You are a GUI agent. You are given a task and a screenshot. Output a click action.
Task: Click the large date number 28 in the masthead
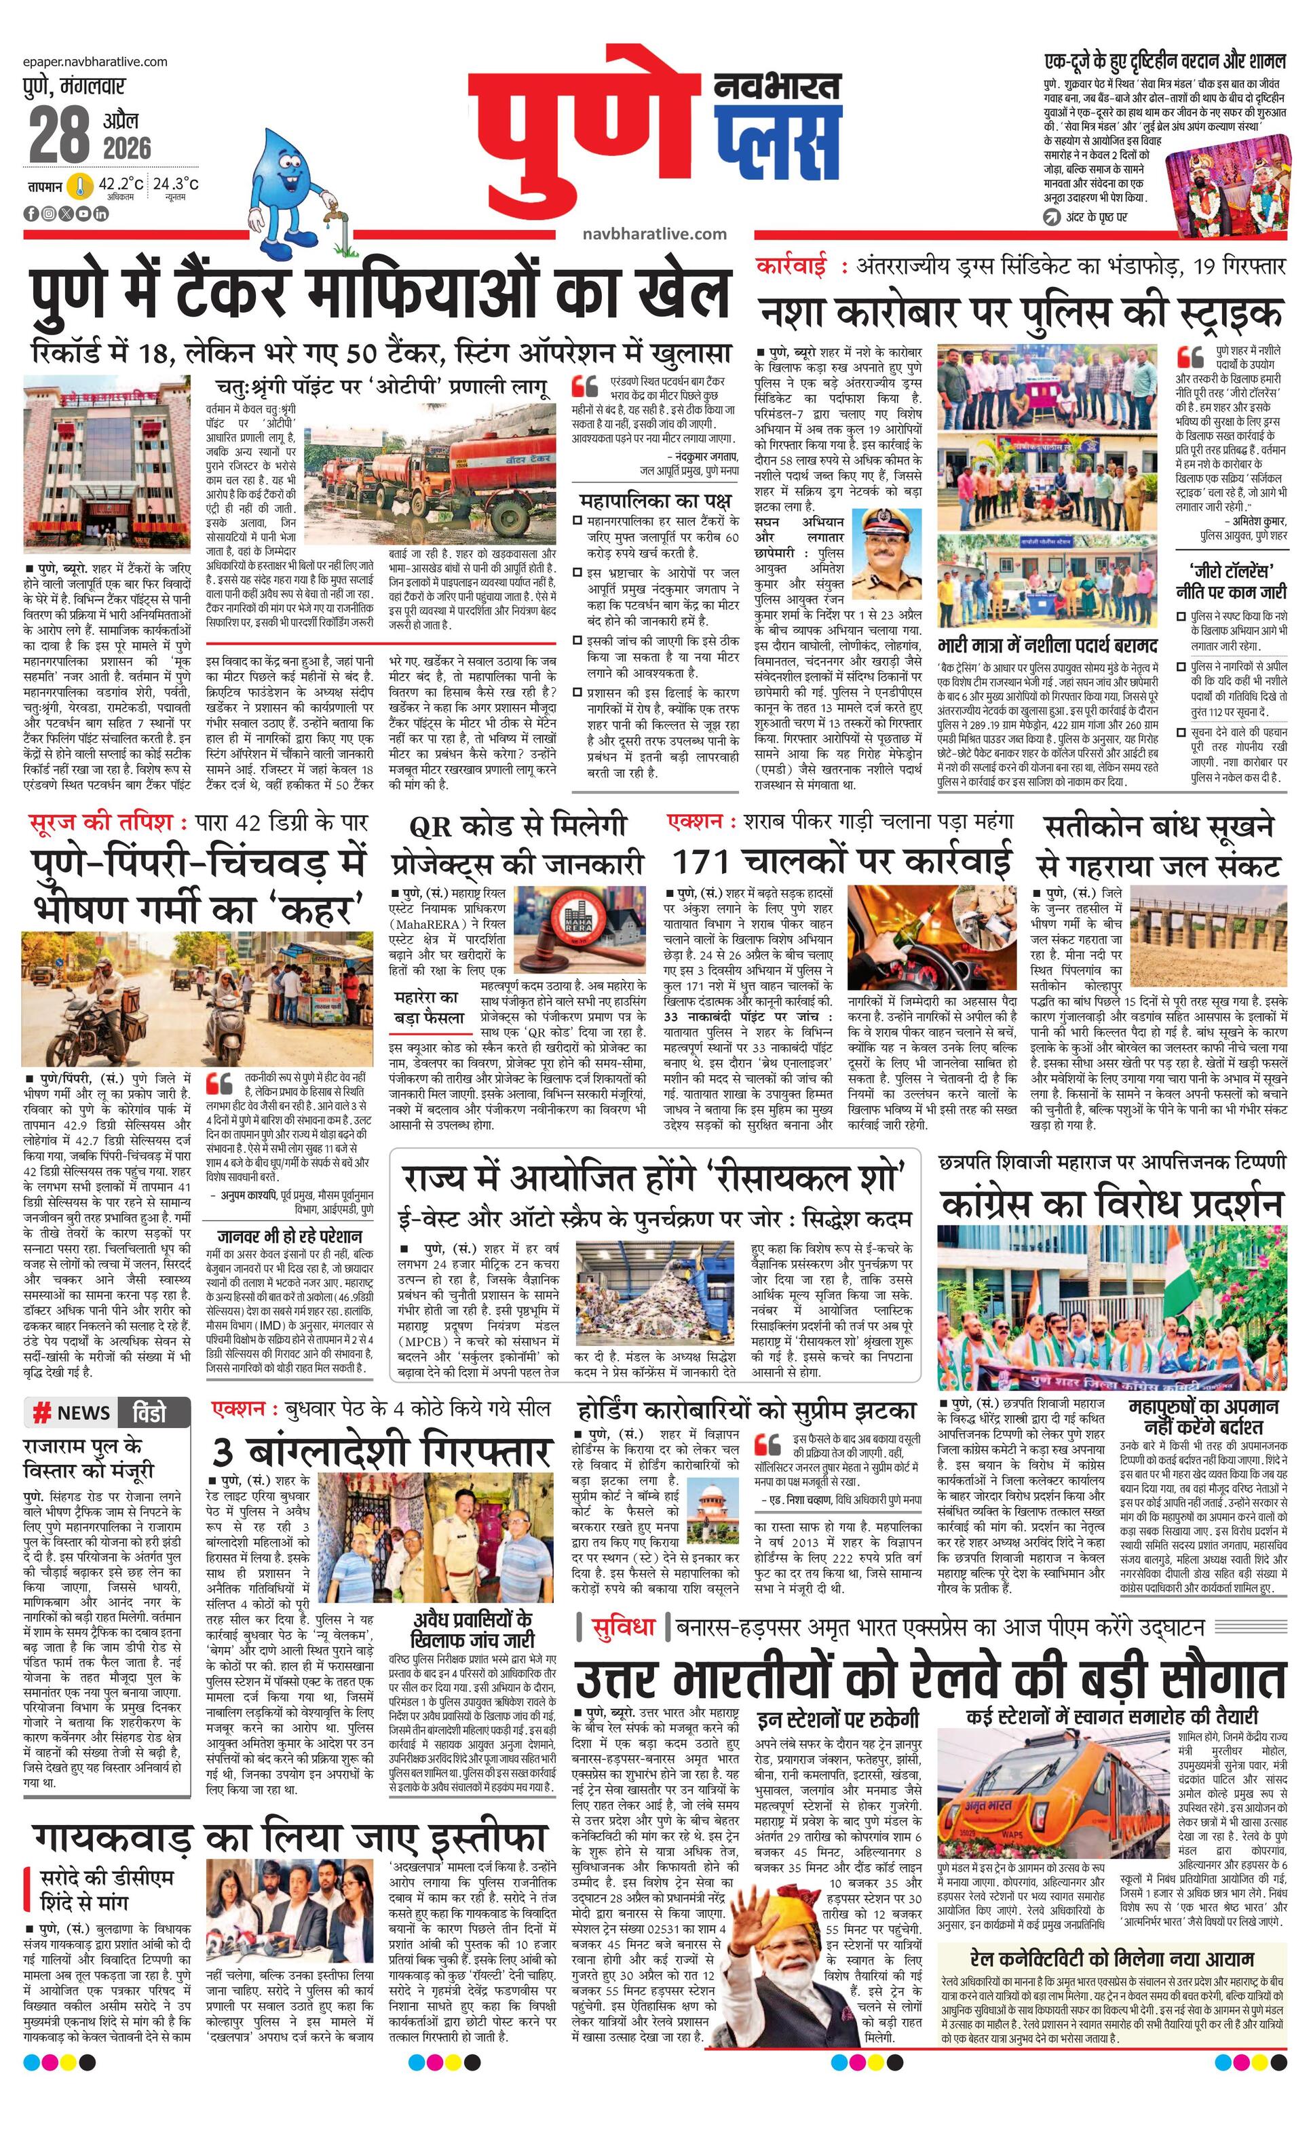coord(60,136)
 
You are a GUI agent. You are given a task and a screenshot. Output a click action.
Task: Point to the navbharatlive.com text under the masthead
coord(654,233)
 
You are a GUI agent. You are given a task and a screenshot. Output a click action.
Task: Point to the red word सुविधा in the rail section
coord(623,1627)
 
